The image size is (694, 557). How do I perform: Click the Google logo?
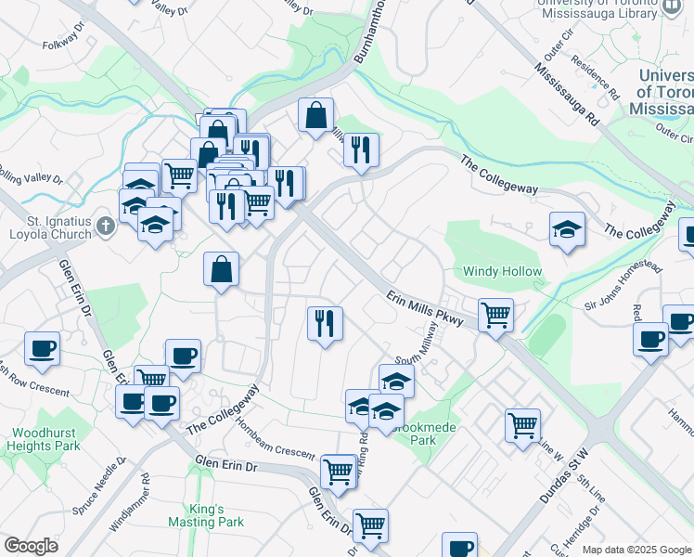pos(31,546)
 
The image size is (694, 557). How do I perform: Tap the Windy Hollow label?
pos(502,271)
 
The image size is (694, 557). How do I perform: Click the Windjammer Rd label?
pos(129,504)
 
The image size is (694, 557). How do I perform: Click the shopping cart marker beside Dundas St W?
pos(523,424)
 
